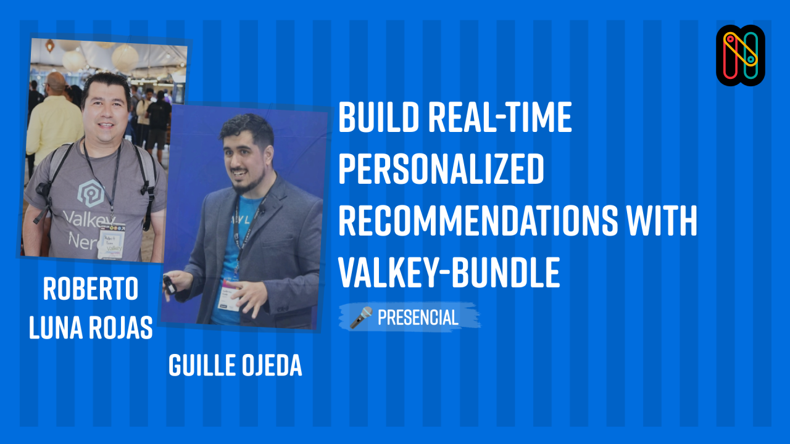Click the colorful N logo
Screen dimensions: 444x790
[741, 55]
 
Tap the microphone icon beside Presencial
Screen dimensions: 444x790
[361, 317]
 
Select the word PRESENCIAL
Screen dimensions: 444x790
[418, 318]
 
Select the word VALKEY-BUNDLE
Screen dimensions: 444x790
[449, 273]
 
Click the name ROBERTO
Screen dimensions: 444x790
[91, 290]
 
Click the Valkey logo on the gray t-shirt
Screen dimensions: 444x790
[91, 192]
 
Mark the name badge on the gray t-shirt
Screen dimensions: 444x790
[112, 240]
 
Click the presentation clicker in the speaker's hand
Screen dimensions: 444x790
[168, 284]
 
